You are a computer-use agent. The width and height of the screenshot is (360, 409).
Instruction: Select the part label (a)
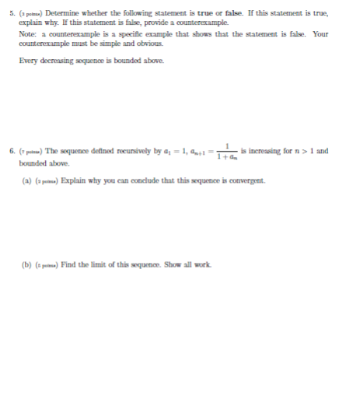[x=26, y=181]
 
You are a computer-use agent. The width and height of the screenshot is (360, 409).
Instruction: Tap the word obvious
[x=150, y=43]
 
